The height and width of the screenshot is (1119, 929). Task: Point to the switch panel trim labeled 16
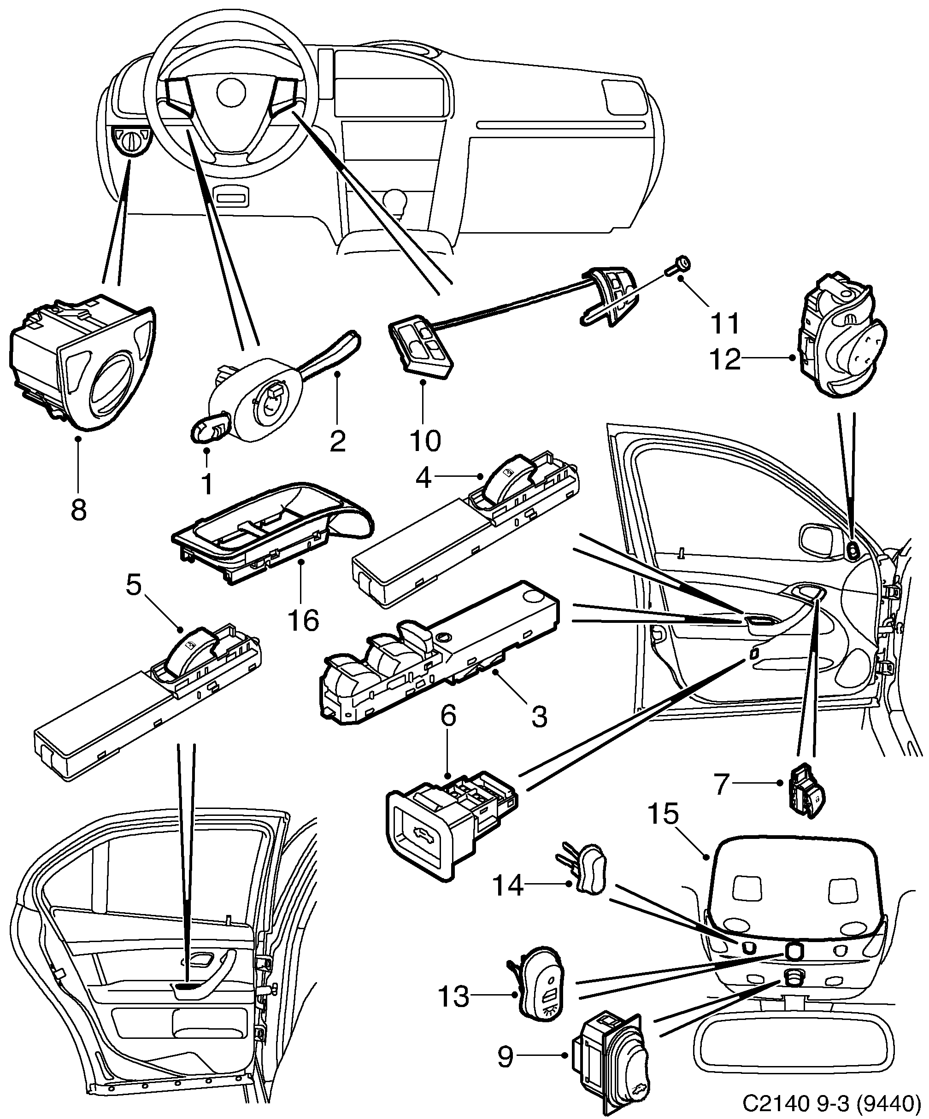[272, 538]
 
